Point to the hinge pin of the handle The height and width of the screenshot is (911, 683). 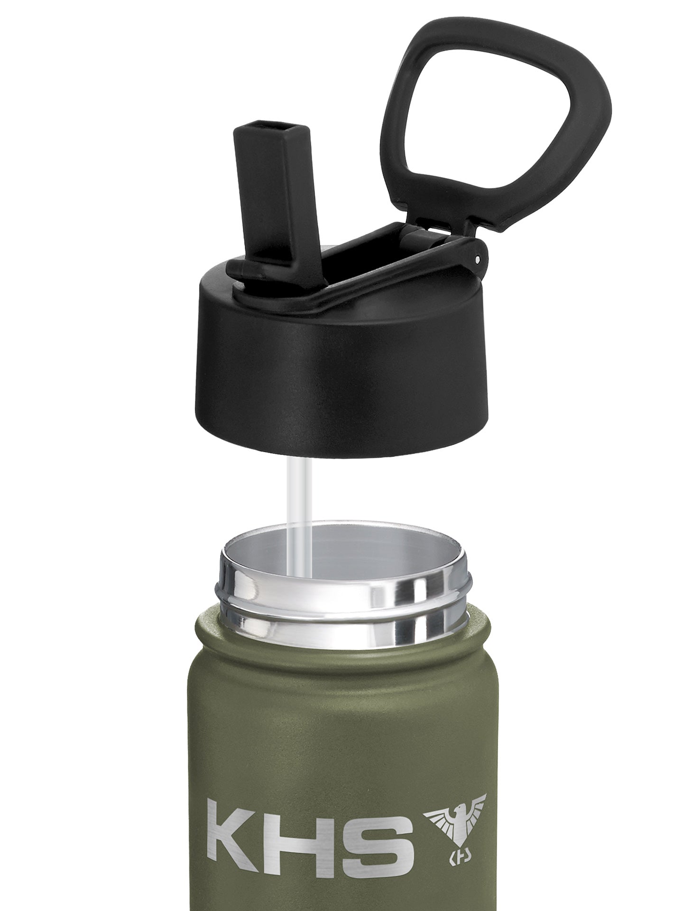coord(476,259)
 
